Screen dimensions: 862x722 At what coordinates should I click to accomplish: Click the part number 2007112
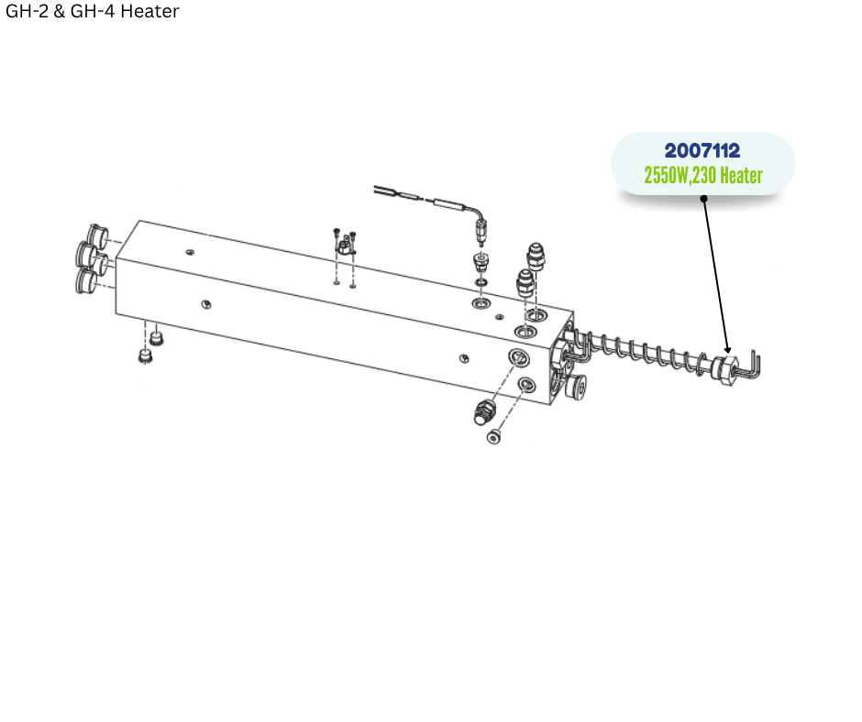702,150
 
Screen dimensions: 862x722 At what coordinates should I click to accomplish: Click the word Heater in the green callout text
741,175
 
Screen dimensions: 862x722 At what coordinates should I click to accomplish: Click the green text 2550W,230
680,176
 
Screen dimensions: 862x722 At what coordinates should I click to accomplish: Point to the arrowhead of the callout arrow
728,349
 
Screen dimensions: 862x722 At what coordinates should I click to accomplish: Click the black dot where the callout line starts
703,198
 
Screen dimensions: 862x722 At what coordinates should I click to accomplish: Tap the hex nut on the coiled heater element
724,370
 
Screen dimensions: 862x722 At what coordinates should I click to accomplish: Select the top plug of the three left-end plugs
98,235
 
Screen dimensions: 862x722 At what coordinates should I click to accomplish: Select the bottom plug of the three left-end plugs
86,280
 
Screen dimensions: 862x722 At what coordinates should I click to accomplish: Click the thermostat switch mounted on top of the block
345,245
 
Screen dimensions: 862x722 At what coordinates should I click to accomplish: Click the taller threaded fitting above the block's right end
536,257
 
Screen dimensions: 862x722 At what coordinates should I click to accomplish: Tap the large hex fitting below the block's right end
484,412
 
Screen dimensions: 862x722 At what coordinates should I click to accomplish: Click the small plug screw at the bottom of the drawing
493,437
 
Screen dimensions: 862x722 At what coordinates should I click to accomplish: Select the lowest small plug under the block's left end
145,356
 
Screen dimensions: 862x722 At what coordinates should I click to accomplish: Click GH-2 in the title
27,11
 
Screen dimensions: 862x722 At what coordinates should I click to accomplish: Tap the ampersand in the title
60,11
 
